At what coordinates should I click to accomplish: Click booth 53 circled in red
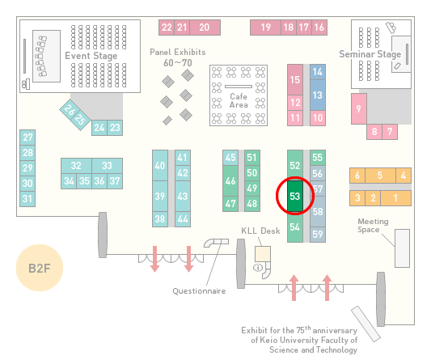295,196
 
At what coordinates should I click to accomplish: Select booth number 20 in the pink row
205,28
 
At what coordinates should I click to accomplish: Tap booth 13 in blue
318,95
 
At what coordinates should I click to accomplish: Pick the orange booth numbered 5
380,176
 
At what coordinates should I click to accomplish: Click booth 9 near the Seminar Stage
359,108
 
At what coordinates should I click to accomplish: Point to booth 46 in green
230,180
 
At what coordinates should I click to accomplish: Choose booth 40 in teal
160,165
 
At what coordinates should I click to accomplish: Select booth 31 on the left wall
27,199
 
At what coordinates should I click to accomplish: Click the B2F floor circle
40,268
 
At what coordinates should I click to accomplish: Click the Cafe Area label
239,100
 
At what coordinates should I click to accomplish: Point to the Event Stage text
91,56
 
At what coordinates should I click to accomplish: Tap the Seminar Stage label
370,54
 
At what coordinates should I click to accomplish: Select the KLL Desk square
263,254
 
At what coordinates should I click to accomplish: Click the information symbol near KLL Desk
258,267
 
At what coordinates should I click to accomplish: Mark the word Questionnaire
199,291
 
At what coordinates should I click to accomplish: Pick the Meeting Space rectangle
402,248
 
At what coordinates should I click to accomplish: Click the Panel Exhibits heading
178,52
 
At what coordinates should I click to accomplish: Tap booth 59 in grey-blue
318,235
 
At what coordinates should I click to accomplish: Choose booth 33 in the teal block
108,166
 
